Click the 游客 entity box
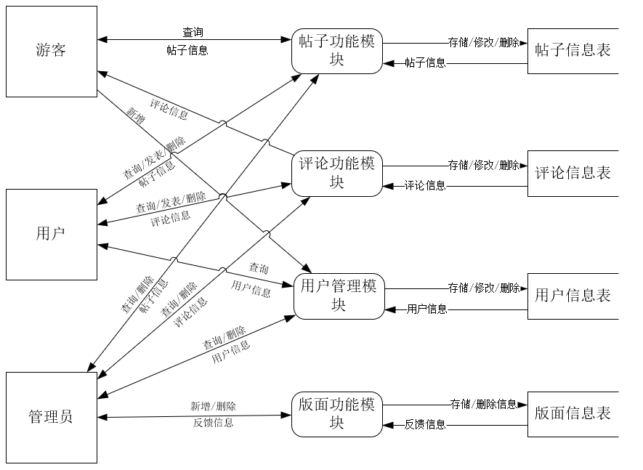point(51,52)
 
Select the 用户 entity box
point(51,234)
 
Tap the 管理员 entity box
point(51,417)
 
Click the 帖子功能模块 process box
point(337,51)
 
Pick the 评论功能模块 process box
point(337,173)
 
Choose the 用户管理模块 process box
point(339,296)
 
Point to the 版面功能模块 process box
point(337,414)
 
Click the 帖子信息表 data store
point(573,51)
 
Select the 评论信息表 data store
point(573,173)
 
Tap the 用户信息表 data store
point(573,296)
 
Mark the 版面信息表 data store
point(573,414)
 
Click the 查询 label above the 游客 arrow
point(193,33)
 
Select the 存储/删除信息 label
point(483,404)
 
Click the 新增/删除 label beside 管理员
point(213,406)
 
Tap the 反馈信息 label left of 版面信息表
point(425,425)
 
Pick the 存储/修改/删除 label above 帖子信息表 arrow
point(483,43)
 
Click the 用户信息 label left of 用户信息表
point(426,309)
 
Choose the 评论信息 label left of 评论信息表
point(425,186)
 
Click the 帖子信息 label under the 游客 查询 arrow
point(187,51)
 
